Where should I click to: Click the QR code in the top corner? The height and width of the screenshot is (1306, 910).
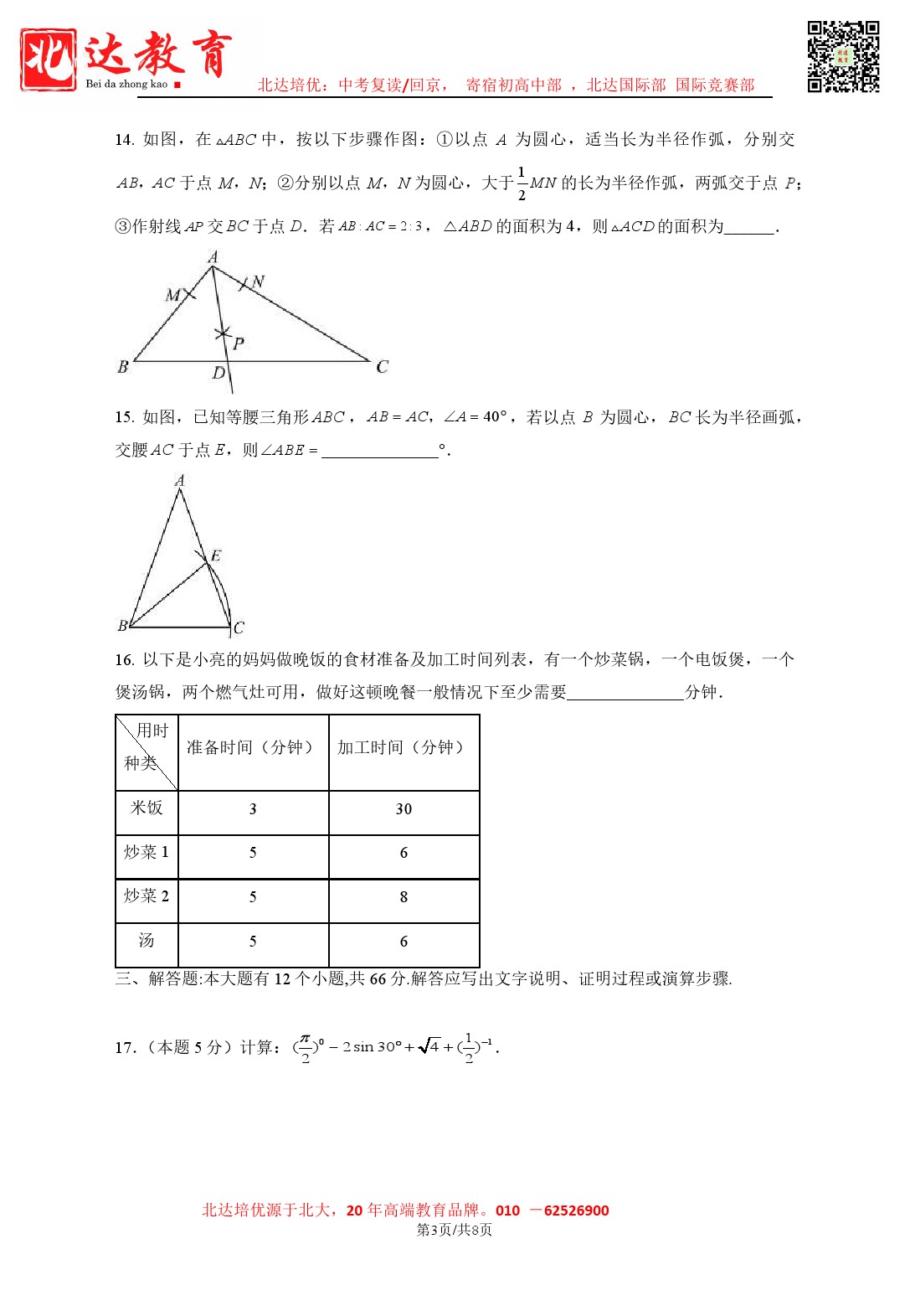[x=843, y=56]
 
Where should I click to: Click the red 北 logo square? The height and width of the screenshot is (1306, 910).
[x=49, y=59]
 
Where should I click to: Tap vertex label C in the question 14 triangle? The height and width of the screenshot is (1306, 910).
[x=383, y=367]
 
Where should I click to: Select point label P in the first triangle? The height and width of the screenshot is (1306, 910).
[x=239, y=343]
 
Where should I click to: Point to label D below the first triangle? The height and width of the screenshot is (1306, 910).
[x=219, y=374]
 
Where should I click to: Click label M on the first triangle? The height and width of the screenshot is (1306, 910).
[x=173, y=295]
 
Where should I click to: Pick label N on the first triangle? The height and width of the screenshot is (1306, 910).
[x=259, y=282]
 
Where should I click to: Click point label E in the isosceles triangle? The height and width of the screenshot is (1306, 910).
[x=216, y=556]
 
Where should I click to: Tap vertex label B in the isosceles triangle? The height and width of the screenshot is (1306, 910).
[x=122, y=626]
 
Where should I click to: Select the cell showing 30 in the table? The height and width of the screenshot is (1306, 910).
[x=404, y=809]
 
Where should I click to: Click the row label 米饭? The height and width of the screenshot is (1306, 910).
[x=147, y=808]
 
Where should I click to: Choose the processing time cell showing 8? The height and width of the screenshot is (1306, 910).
[x=404, y=897]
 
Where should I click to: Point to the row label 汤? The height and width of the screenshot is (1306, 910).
[x=147, y=941]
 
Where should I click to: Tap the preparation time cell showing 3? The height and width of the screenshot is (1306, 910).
[x=253, y=809]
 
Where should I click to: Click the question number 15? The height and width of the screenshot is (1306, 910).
[x=124, y=417]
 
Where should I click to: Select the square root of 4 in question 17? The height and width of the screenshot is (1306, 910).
[x=429, y=1046]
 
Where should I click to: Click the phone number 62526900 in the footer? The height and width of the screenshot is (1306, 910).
[x=576, y=1211]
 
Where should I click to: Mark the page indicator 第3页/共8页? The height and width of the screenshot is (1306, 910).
[x=455, y=1230]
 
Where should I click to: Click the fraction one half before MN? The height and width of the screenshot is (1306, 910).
[x=522, y=183]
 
